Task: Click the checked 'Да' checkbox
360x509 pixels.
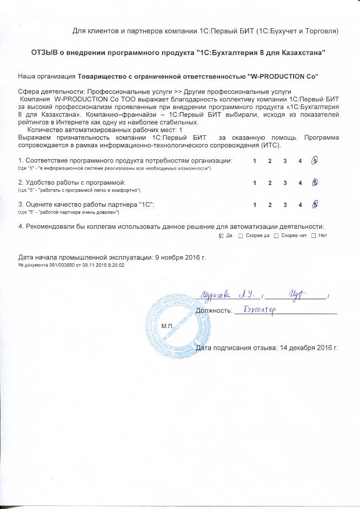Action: pyautogui.click(x=221, y=235)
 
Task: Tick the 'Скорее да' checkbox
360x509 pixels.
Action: pyautogui.click(x=241, y=235)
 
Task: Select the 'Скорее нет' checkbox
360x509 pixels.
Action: pyautogui.click(x=276, y=235)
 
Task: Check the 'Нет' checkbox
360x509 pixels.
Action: pyautogui.click(x=313, y=235)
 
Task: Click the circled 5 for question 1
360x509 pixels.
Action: pyautogui.click(x=315, y=161)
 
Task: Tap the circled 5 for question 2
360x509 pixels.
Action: pyautogui.click(x=315, y=183)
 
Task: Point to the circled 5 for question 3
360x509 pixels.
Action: pyautogui.click(x=315, y=205)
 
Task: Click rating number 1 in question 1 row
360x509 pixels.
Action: pyautogui.click(x=255, y=161)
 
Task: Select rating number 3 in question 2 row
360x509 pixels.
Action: pyautogui.click(x=284, y=183)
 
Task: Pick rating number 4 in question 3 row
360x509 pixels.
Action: pyautogui.click(x=300, y=205)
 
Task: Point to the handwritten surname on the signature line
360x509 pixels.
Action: pyautogui.click(x=215, y=295)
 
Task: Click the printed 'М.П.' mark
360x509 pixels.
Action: pyautogui.click(x=168, y=326)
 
